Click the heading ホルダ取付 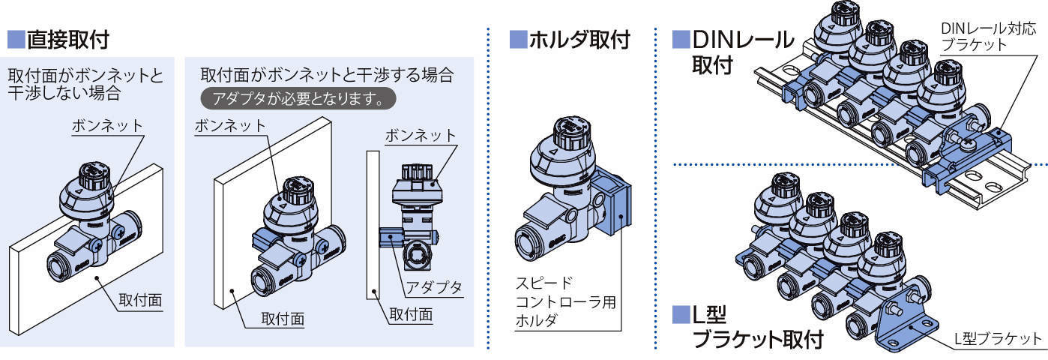577,39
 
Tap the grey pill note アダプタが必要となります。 298,98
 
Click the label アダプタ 433,286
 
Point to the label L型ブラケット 997,338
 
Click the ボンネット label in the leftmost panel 106,125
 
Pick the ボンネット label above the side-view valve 420,136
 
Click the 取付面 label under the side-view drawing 411,316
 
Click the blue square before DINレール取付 680,37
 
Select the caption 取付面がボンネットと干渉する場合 328,75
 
